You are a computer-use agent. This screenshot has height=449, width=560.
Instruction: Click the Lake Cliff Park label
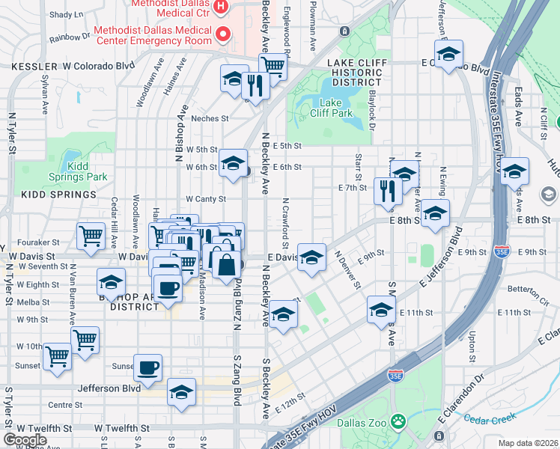(336, 108)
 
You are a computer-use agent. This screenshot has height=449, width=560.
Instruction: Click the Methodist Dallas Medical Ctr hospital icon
(221, 7)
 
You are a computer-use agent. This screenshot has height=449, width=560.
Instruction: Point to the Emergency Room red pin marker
(222, 34)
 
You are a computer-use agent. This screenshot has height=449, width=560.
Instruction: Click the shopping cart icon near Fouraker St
(91, 236)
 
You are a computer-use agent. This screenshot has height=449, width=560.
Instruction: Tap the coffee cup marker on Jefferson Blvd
(148, 367)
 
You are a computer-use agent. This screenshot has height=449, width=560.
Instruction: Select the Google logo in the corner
(25, 440)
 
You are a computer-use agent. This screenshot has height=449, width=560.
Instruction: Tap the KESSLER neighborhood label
(34, 66)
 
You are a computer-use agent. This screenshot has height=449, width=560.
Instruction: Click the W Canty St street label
(206, 199)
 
